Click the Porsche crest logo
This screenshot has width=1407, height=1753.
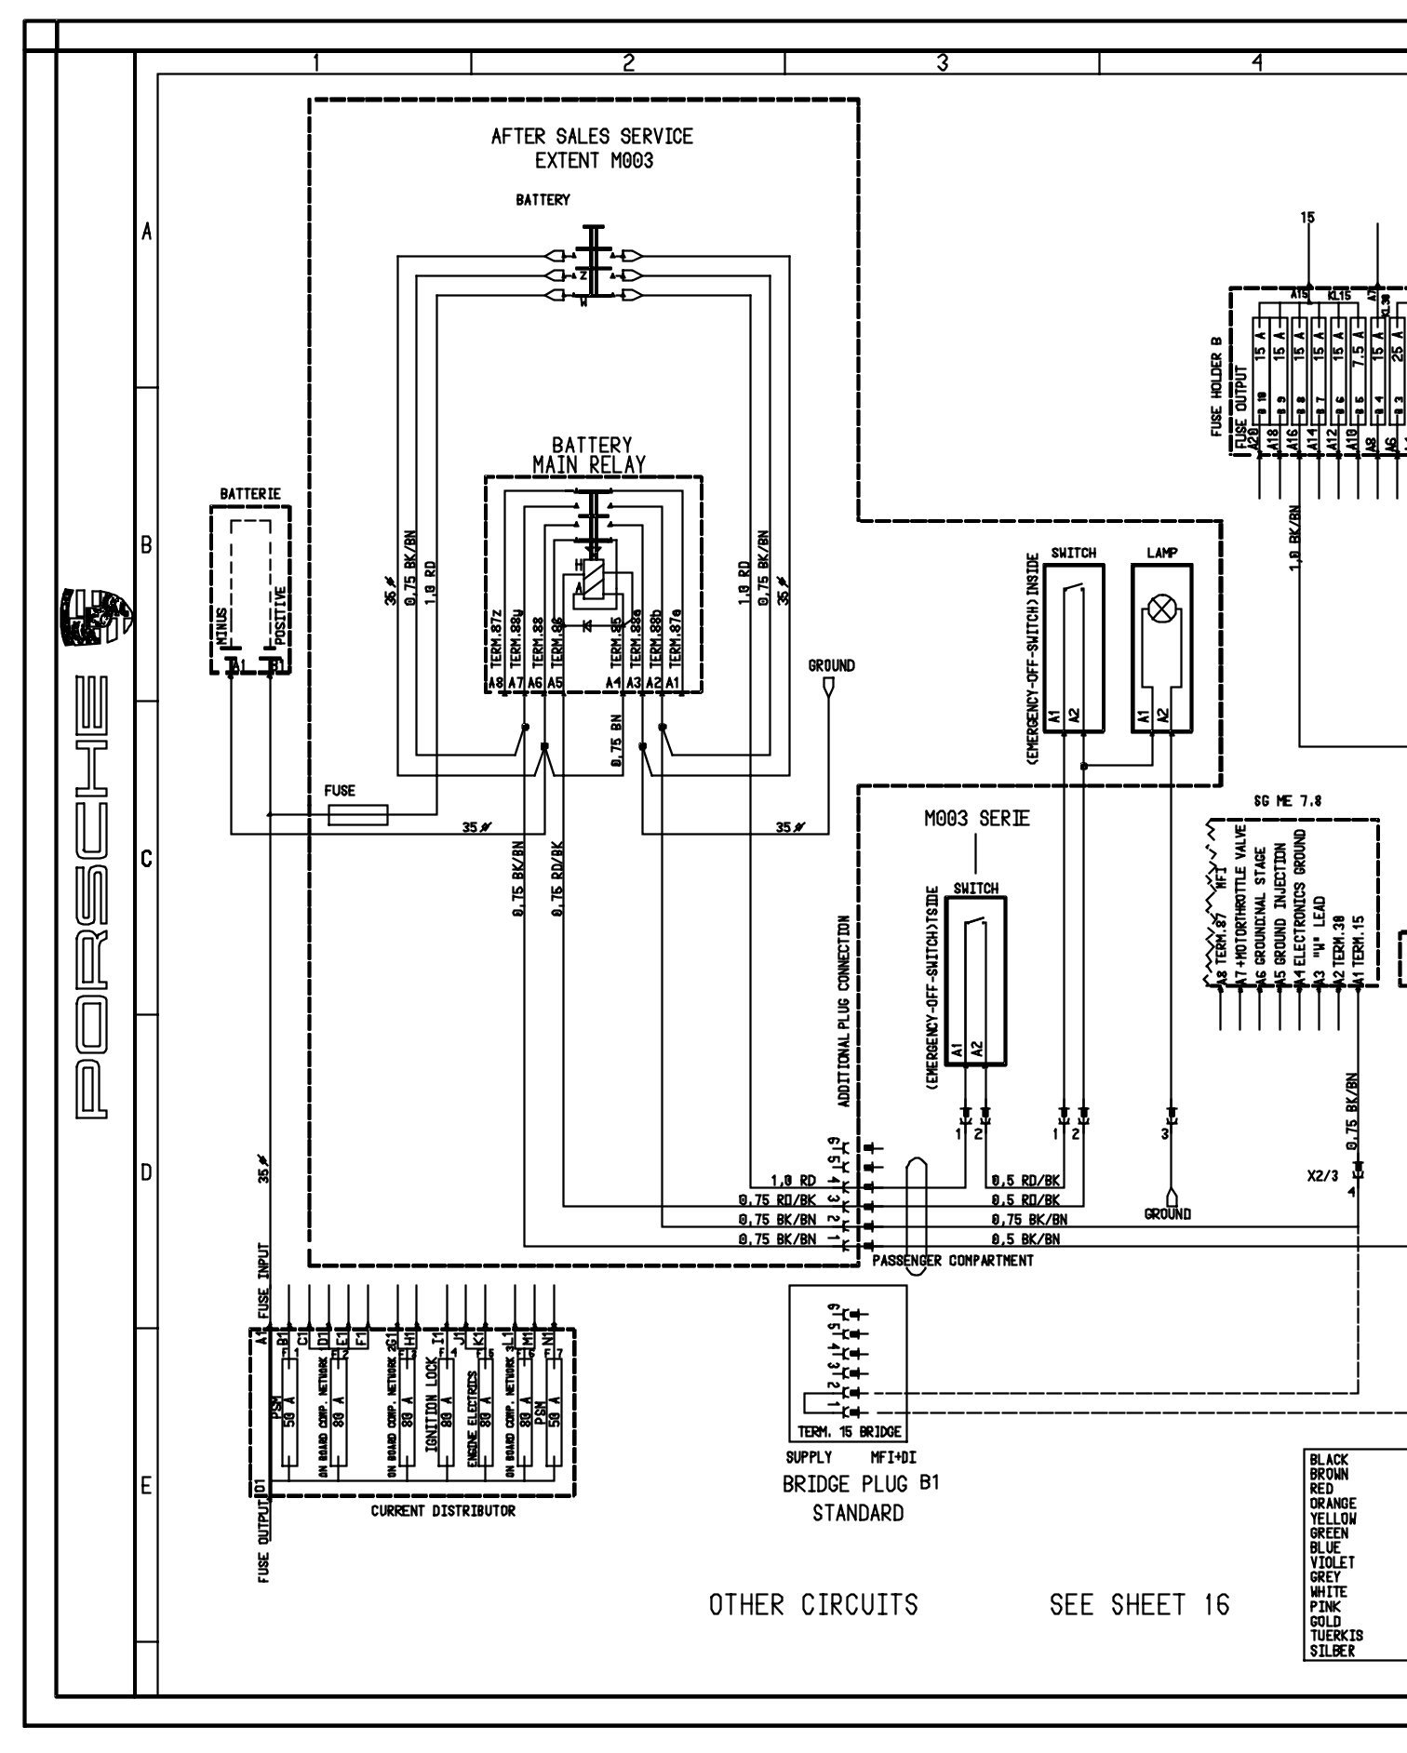95,617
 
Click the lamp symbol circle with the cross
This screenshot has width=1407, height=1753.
1161,610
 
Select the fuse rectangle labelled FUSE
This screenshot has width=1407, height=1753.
358,815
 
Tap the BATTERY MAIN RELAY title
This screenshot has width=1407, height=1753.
590,455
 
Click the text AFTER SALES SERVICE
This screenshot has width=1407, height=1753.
592,137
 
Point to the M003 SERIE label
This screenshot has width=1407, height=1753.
976,819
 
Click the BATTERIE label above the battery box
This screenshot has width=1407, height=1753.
249,493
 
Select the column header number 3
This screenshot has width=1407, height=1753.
942,63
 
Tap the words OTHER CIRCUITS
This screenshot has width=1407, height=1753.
813,1605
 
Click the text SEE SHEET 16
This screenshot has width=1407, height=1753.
1139,1605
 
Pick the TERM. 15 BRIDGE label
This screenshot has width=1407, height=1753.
849,1432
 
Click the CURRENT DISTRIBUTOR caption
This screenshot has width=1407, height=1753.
443,1511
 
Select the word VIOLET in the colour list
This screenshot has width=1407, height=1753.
1332,1562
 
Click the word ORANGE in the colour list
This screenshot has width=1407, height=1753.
1333,1504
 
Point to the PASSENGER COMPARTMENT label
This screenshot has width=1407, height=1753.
952,1261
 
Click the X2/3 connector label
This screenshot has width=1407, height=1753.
1322,1176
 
